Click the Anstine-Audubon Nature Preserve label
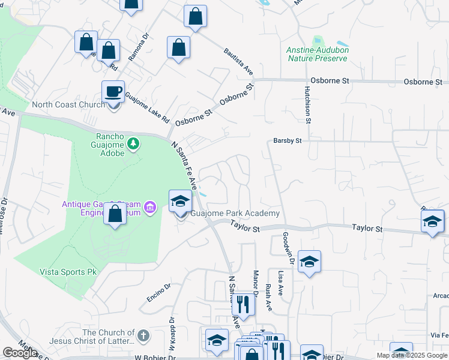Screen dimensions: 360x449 click(318, 54)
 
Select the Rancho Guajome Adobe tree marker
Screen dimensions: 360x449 click(133, 144)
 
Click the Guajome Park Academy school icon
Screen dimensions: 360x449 click(179, 202)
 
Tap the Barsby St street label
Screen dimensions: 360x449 click(287, 140)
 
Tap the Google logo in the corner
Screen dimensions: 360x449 click(19, 353)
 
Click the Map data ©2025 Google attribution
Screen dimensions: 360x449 click(412, 355)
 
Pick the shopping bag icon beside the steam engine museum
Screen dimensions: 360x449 click(114, 214)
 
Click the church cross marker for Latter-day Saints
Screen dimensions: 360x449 click(143, 336)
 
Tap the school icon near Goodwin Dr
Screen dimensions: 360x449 click(309, 262)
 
